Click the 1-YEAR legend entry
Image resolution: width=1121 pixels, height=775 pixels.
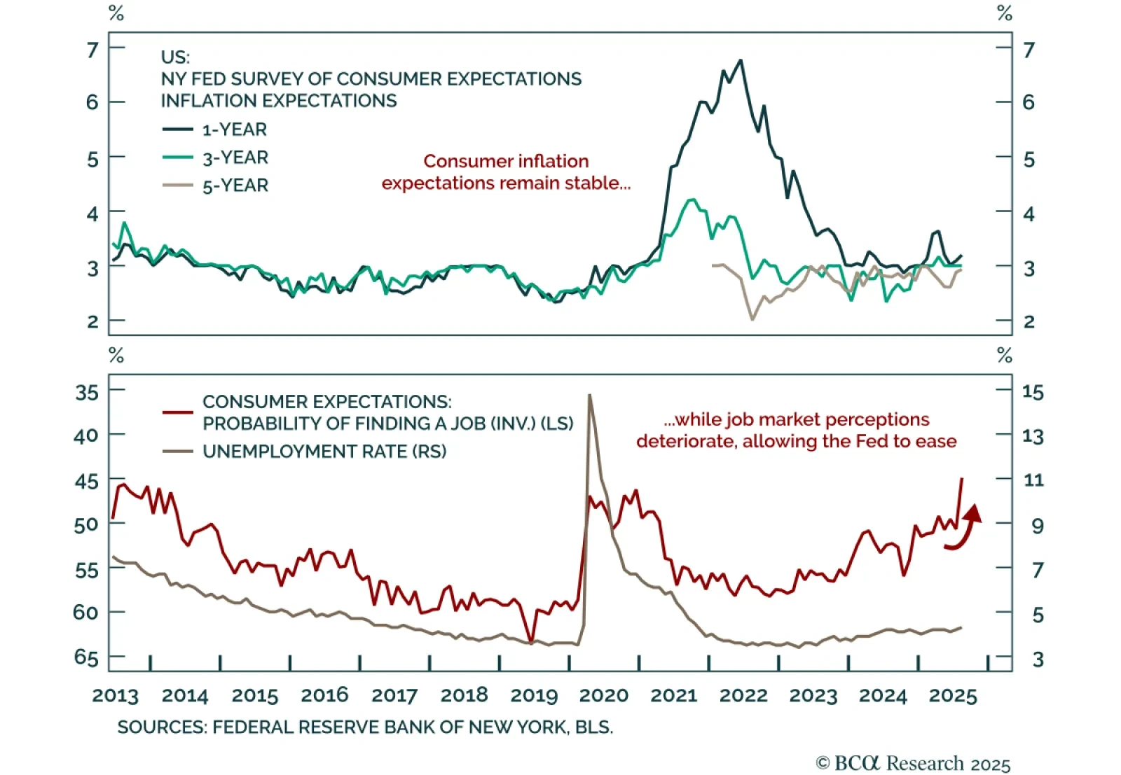point(234,130)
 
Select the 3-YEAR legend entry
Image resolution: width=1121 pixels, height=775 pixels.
point(235,158)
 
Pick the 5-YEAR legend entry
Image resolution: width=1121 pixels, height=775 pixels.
point(235,186)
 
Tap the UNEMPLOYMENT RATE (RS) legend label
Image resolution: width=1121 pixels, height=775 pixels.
point(324,452)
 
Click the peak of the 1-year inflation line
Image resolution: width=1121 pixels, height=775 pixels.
point(741,61)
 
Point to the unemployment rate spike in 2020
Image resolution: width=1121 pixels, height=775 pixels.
point(589,396)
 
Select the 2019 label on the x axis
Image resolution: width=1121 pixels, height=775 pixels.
point(534,695)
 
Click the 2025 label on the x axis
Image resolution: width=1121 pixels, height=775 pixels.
point(952,695)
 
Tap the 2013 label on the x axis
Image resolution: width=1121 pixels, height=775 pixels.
point(116,695)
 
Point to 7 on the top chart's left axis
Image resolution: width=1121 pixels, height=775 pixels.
point(92,50)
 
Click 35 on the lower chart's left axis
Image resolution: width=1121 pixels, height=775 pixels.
point(87,393)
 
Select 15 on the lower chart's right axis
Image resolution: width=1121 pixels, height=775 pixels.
point(1033,392)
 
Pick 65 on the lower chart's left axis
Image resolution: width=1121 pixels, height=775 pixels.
point(87,657)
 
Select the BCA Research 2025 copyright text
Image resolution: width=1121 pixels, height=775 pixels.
point(913,763)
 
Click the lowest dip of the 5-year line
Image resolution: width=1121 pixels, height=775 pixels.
point(752,319)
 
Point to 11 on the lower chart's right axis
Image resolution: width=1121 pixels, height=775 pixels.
point(1033,480)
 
